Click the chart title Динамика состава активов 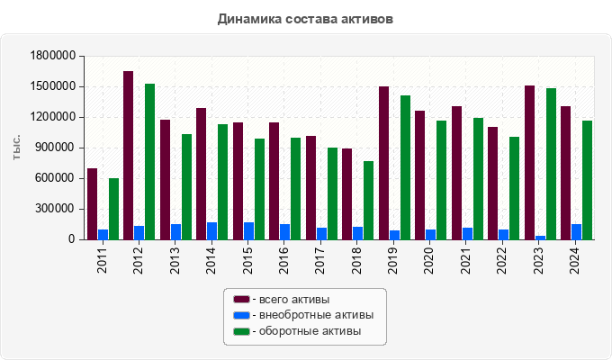pyautogui.click(x=306, y=18)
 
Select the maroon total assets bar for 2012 pyautogui.click(x=129, y=155)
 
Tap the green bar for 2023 pyautogui.click(x=551, y=164)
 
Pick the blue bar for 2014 pyautogui.click(x=212, y=231)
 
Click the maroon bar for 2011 pyautogui.click(x=92, y=203)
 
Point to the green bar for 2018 pyautogui.click(x=369, y=200)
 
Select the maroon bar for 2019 pyautogui.click(x=383, y=163)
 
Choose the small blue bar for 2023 pyautogui.click(x=540, y=238)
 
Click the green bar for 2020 pyautogui.click(x=442, y=180)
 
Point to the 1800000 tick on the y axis pyautogui.click(x=52, y=56)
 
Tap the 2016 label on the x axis pyautogui.click(x=283, y=261)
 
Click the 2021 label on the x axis pyautogui.click(x=466, y=261)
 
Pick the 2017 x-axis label pyautogui.click(x=320, y=261)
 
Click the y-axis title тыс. pyautogui.click(x=16, y=148)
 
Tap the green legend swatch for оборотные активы pyautogui.click(x=241, y=331)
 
